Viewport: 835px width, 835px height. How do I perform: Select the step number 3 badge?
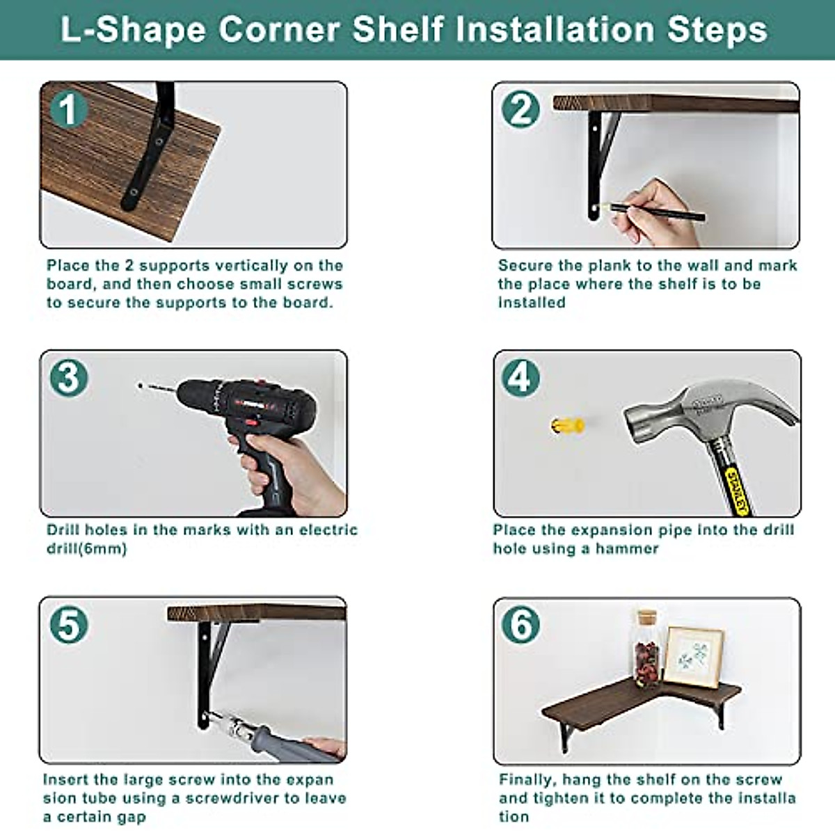pyautogui.click(x=68, y=377)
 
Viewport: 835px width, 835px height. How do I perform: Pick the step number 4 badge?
pyautogui.click(x=520, y=377)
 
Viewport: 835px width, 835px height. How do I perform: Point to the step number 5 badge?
pyautogui.click(x=68, y=624)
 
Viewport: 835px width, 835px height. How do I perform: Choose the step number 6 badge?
pyautogui.click(x=520, y=624)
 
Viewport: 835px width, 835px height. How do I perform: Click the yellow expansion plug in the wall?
pyautogui.click(x=568, y=425)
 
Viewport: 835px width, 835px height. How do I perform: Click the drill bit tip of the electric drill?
pyautogui.click(x=140, y=385)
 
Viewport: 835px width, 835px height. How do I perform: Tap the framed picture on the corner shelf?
pyautogui.click(x=694, y=658)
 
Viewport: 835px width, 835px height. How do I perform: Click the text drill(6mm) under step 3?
pyautogui.click(x=87, y=549)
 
